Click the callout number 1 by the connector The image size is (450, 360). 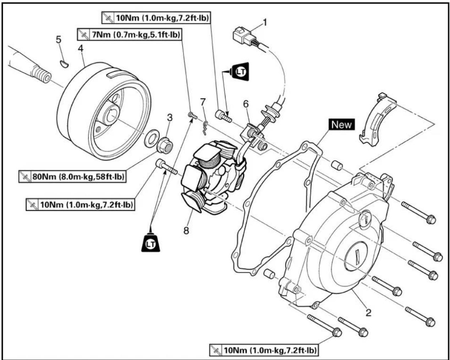[x=265, y=22]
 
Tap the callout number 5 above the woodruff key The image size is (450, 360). [x=59, y=39]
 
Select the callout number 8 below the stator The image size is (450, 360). [x=186, y=231]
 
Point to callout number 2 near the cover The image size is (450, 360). [x=368, y=312]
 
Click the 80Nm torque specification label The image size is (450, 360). [x=72, y=177]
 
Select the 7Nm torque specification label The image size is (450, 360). [x=130, y=34]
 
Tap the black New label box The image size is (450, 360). [x=342, y=124]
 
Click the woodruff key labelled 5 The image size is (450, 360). [x=64, y=64]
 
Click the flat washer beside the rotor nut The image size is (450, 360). [x=152, y=139]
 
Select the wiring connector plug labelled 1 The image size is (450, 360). [x=243, y=35]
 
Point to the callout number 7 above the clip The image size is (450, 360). [x=203, y=102]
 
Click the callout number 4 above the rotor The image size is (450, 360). [x=80, y=48]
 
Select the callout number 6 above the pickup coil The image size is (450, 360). [x=246, y=104]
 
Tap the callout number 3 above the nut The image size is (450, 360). [x=170, y=117]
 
